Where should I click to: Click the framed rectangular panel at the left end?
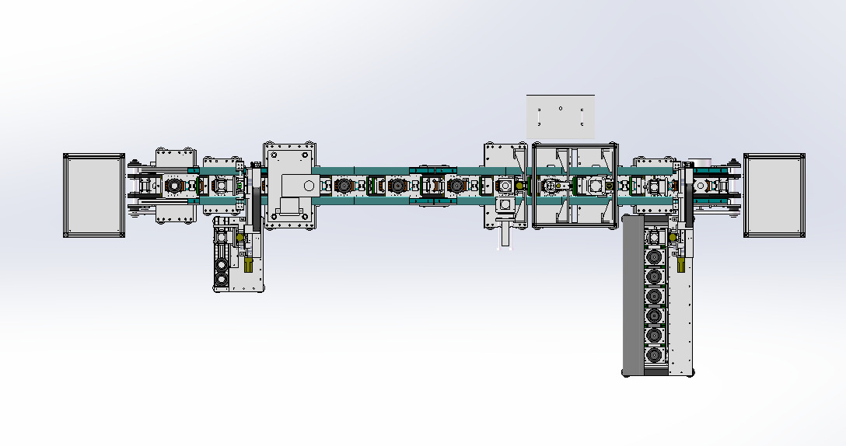click(x=94, y=195)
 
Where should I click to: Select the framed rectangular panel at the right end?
click(x=774, y=195)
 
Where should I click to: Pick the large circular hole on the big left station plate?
click(x=309, y=186)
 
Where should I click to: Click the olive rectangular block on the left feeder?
click(x=248, y=265)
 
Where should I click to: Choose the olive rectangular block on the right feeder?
click(x=682, y=265)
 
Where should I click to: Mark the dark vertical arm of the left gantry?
click(x=253, y=202)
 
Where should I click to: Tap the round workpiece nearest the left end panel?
click(x=173, y=186)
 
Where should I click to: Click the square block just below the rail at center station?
click(x=505, y=204)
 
